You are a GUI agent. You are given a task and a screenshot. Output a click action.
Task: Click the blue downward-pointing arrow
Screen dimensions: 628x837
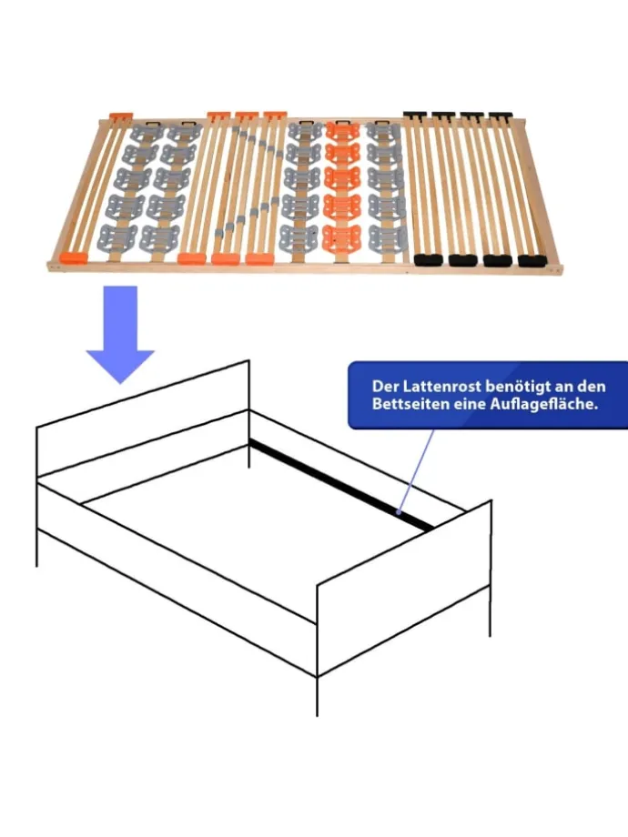coord(120,334)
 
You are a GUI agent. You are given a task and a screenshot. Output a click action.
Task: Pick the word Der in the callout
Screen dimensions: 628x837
coord(385,387)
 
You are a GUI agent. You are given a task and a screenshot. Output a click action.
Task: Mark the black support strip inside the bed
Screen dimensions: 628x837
coord(342,485)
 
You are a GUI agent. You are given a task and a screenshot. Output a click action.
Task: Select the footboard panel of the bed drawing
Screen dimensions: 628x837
coord(404,589)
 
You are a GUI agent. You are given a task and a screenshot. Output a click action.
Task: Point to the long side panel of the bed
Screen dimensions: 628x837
coord(177,580)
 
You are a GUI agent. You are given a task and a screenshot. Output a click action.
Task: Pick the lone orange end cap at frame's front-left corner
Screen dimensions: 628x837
coord(73,257)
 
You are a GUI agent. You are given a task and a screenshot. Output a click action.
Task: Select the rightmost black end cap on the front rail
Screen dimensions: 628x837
coord(532,260)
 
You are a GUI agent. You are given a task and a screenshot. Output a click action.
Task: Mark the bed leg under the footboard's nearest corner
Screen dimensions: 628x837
coord(318,696)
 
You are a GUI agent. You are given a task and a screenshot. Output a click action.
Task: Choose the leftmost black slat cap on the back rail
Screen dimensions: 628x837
coord(415,115)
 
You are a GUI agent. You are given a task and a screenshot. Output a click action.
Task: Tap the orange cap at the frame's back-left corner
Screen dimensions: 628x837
coord(121,116)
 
